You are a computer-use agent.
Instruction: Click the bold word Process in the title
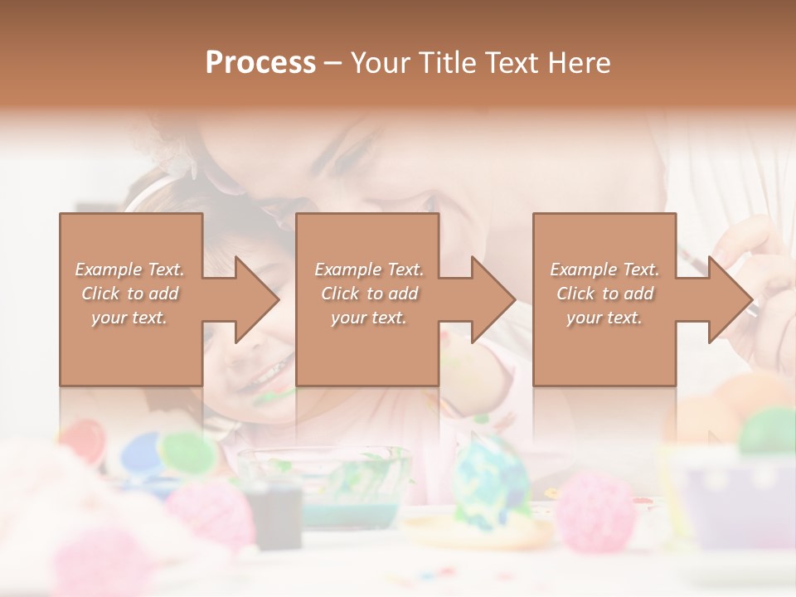pyautogui.click(x=260, y=63)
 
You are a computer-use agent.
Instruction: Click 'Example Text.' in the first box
pyautogui.click(x=129, y=269)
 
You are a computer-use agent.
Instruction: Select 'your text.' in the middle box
pyautogui.click(x=368, y=318)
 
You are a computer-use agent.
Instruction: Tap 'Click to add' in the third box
pyautogui.click(x=604, y=294)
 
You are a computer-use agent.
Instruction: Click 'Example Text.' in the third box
pyautogui.click(x=604, y=269)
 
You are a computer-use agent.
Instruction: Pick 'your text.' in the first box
pyautogui.click(x=129, y=318)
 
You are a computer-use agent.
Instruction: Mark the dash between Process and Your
pyautogui.click(x=333, y=63)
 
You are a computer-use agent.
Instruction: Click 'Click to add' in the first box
pyautogui.click(x=129, y=294)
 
